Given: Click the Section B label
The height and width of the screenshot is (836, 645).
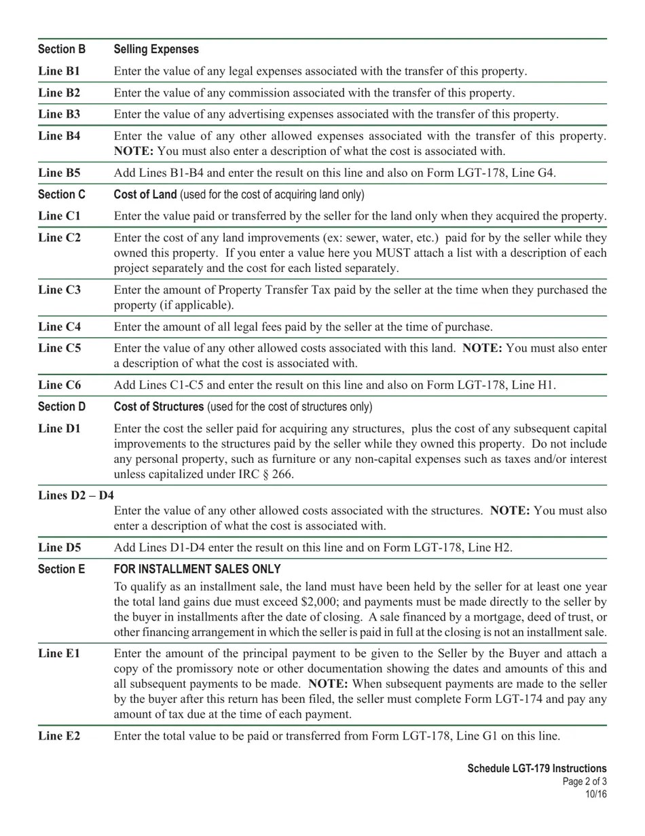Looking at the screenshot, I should (x=62, y=49).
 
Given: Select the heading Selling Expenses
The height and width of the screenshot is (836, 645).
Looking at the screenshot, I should (x=156, y=49).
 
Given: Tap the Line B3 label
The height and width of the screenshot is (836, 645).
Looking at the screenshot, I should (x=59, y=114).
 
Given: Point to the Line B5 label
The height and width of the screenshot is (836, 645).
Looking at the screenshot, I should (x=59, y=172).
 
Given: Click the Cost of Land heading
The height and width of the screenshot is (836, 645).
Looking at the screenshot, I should (x=145, y=194).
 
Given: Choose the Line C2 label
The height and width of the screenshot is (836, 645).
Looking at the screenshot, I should (x=59, y=237).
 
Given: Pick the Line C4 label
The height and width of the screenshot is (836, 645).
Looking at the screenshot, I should (x=59, y=326).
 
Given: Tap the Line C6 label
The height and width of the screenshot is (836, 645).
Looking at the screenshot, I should (x=59, y=385).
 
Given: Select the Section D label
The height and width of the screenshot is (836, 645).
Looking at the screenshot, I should (x=62, y=406).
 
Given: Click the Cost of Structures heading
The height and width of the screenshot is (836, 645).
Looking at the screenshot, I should (x=159, y=406).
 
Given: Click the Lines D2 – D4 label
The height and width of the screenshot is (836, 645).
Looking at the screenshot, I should (x=76, y=495).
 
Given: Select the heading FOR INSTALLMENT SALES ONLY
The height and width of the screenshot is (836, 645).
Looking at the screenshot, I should (x=197, y=569).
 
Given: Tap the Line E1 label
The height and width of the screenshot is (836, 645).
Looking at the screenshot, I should (x=59, y=653).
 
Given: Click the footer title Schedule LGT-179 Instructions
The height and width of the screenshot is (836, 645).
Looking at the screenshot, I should (x=537, y=768).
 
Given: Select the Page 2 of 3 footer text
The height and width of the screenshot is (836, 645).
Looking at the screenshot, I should (x=585, y=782).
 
